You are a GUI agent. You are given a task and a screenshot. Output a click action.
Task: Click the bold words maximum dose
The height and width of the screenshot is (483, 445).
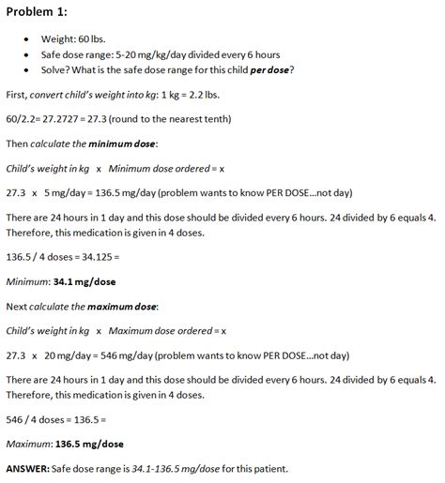[123, 306]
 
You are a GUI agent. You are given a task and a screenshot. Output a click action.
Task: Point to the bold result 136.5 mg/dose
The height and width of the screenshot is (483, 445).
[90, 444]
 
